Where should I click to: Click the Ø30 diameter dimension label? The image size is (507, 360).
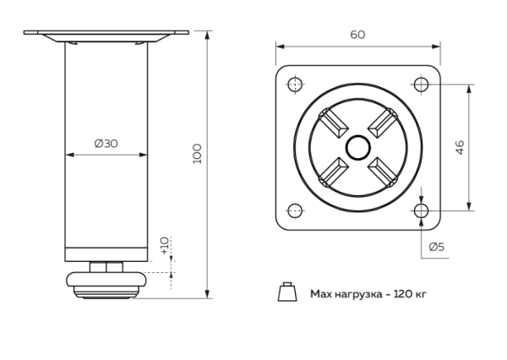click(x=106, y=143)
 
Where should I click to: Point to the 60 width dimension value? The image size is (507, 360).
click(x=358, y=34)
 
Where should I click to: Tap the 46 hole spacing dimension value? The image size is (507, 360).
click(x=483, y=146)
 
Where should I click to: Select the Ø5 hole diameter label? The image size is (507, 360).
click(x=438, y=247)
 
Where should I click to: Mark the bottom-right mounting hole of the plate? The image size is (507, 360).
click(x=421, y=210)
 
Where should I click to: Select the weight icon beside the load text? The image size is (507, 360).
click(x=286, y=292)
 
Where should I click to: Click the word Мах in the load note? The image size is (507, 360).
click(x=320, y=294)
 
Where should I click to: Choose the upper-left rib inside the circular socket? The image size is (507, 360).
click(x=332, y=121)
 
